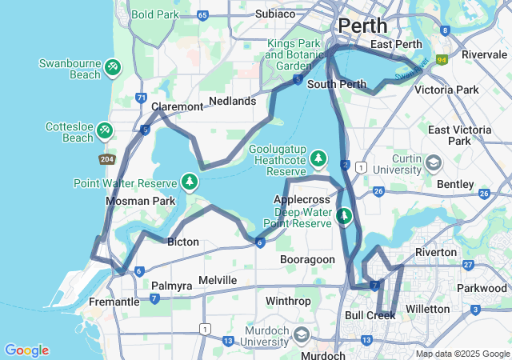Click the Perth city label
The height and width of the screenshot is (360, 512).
point(362,26)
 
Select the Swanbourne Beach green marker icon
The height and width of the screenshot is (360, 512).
point(113,64)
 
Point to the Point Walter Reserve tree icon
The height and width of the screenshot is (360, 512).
point(190,182)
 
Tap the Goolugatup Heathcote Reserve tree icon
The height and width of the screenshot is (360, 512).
point(318,159)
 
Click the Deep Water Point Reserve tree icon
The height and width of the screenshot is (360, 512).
point(344,215)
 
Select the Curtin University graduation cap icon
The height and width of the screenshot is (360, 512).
point(433,163)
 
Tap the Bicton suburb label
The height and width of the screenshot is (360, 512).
point(182,242)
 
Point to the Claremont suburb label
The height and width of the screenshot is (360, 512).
point(178,106)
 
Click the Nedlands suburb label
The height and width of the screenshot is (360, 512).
point(232,101)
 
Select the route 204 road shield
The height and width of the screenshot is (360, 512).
point(107,159)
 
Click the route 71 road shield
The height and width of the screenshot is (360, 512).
point(141,98)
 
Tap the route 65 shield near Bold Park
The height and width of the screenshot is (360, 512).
point(202,14)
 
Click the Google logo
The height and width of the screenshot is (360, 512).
point(26,350)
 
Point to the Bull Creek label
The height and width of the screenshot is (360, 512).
point(370,315)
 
